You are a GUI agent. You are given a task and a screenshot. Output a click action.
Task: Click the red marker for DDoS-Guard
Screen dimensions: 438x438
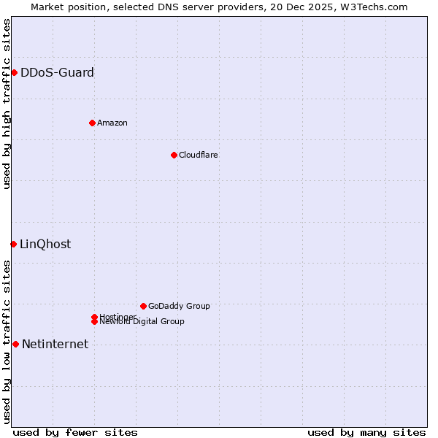(14, 72)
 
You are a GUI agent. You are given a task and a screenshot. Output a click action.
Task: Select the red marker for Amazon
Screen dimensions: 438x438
(92, 123)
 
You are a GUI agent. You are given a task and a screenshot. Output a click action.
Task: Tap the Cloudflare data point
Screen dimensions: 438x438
(174, 155)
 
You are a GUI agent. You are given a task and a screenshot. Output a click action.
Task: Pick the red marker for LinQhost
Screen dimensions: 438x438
(13, 244)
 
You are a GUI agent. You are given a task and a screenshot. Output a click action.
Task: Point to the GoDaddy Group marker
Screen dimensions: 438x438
(143, 306)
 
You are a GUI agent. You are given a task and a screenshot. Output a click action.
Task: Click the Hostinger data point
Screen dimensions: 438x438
(94, 317)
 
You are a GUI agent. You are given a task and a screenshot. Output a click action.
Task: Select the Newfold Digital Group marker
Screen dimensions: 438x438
(94, 322)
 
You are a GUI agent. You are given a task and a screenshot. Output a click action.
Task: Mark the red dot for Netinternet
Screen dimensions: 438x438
(15, 344)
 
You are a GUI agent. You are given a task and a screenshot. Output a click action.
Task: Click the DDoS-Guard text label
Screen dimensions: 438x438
(57, 72)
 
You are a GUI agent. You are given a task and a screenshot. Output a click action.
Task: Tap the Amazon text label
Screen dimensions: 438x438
(112, 123)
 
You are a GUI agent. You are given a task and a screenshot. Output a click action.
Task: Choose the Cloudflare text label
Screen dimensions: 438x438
(199, 155)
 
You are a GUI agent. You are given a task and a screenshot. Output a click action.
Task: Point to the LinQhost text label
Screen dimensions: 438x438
(45, 244)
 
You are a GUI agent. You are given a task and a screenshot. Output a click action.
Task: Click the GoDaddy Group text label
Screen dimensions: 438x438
(179, 306)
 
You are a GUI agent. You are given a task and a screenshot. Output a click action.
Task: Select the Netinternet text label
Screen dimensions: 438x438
(55, 344)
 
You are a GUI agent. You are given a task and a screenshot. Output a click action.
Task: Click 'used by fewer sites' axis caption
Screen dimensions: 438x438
(75, 432)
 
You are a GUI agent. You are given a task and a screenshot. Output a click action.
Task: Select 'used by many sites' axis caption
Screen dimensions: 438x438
(366, 432)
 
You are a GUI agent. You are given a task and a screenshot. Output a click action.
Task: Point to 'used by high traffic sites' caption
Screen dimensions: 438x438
(7, 104)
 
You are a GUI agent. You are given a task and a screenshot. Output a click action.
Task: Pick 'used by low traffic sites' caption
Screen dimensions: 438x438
(7, 342)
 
